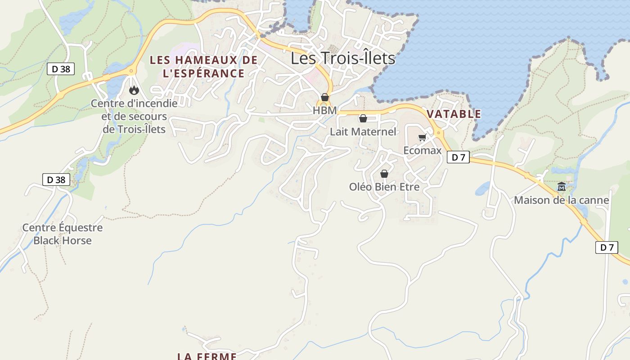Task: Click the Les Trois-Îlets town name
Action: (343, 58)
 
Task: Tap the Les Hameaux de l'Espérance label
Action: (203, 67)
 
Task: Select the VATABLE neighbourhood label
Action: (454, 114)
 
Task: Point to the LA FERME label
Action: (207, 356)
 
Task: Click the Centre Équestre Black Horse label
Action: (63, 234)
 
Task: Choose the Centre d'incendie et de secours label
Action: (134, 116)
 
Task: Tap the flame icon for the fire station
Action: (134, 90)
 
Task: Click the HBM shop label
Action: (324, 110)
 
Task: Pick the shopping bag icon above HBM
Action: (325, 97)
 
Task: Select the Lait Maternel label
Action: (363, 132)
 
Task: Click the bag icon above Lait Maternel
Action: (363, 118)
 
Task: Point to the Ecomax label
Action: (422, 150)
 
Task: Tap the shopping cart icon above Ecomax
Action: (422, 138)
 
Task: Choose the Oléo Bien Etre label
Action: (384, 187)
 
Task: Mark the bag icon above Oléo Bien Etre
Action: (384, 174)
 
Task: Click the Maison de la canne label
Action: (562, 200)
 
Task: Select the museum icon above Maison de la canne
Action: (562, 186)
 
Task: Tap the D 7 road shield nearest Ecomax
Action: (458, 157)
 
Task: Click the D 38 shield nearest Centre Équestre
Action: (56, 180)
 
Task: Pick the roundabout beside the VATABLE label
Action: (438, 132)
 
